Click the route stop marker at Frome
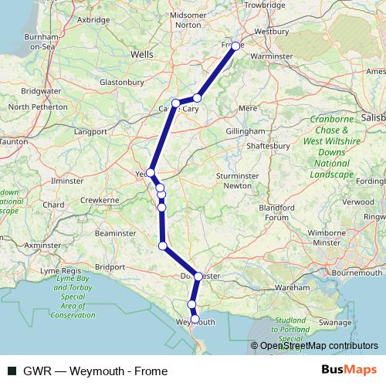[x=236, y=46]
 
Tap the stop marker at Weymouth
[x=195, y=319]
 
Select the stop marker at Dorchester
[x=198, y=276]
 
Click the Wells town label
[x=143, y=56]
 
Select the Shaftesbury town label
[x=268, y=145]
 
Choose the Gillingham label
[x=245, y=132]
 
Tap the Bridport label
[x=109, y=266]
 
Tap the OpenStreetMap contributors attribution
[x=318, y=346]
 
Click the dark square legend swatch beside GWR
[x=12, y=371]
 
